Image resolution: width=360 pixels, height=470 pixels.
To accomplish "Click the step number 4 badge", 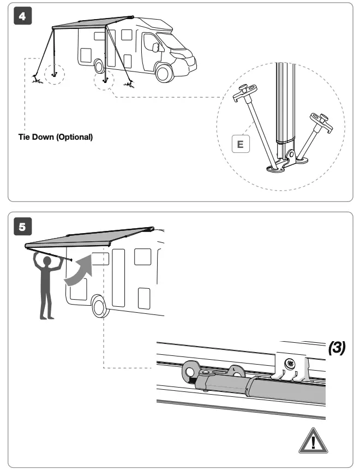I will [x=22, y=16].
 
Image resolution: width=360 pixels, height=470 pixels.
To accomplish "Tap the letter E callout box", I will [x=241, y=145].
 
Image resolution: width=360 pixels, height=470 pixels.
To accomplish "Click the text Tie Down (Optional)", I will [x=55, y=136].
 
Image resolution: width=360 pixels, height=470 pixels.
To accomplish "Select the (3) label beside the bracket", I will [x=337, y=348].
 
